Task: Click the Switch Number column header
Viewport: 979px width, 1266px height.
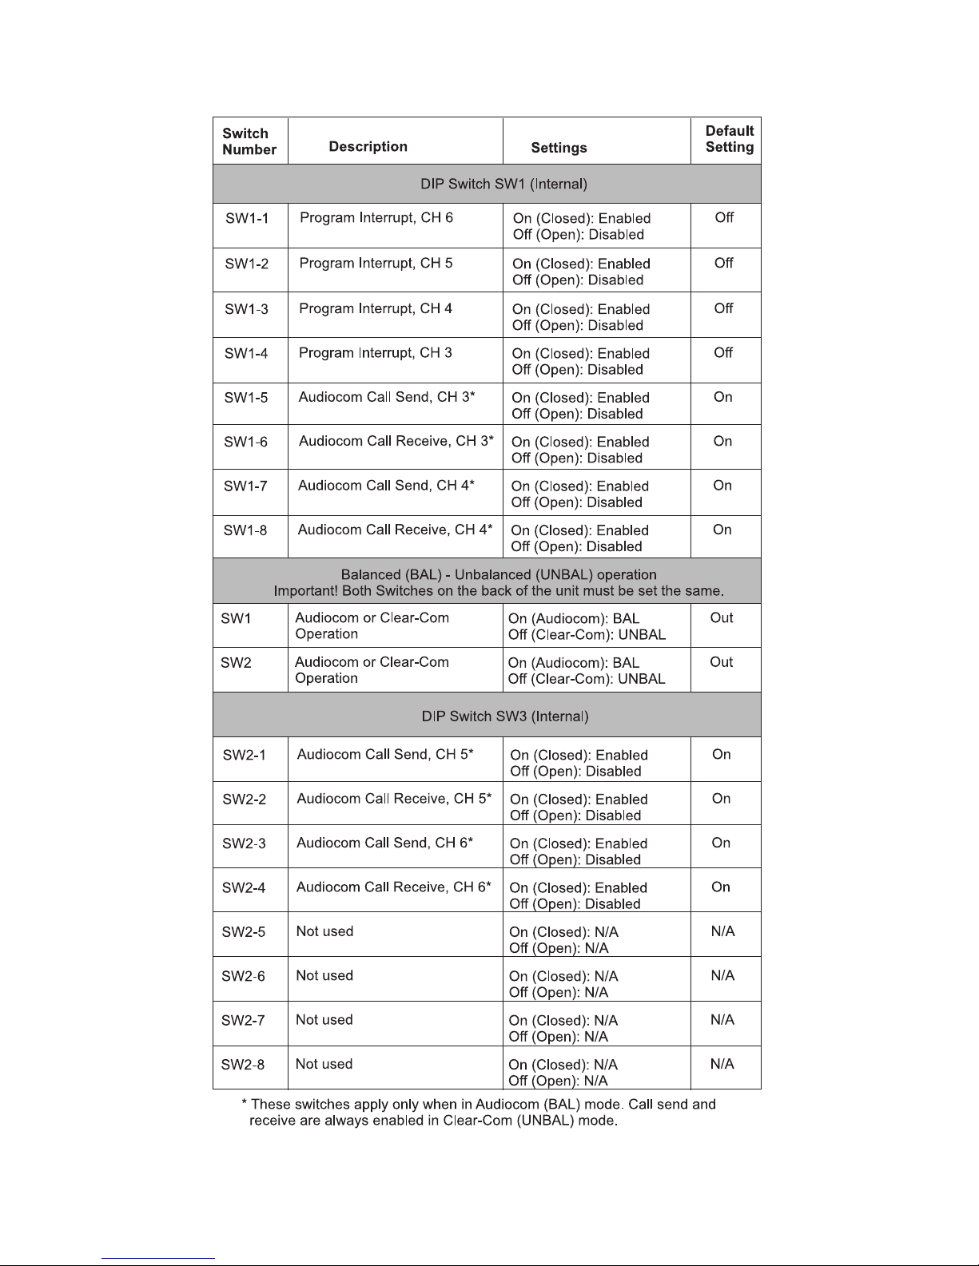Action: tap(249, 141)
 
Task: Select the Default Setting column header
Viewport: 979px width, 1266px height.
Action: tap(729, 139)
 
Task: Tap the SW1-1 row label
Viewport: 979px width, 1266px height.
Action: tap(246, 218)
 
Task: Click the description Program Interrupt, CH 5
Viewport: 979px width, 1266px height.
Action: tap(376, 263)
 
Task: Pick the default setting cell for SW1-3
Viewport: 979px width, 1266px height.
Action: tap(723, 308)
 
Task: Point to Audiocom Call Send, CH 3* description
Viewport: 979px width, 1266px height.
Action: tap(387, 397)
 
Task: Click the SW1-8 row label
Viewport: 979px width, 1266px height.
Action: tap(245, 530)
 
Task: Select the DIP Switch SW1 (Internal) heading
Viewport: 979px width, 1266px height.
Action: tap(503, 184)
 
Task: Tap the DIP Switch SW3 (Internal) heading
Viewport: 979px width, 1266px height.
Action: tap(504, 716)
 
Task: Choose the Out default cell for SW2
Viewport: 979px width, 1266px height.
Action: tap(721, 661)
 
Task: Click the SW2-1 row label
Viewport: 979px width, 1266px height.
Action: tap(244, 755)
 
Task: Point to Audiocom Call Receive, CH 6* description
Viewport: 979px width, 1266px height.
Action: tap(393, 887)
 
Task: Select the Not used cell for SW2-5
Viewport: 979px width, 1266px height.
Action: tap(324, 931)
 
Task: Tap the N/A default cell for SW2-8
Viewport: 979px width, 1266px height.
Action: tap(722, 1064)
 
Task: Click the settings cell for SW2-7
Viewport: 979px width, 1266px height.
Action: tap(563, 1028)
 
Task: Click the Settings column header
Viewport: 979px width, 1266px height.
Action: tap(559, 148)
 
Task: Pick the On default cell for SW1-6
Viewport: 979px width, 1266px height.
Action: tap(722, 441)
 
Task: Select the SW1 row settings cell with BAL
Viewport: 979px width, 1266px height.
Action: tap(587, 626)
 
